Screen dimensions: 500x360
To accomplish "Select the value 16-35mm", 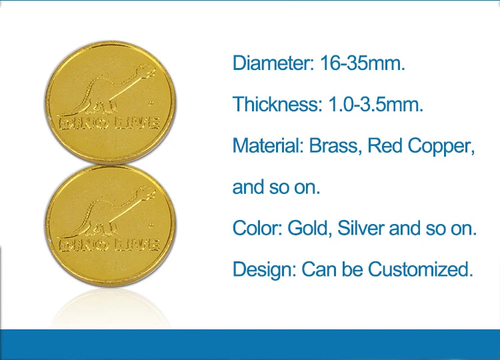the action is tap(363, 63).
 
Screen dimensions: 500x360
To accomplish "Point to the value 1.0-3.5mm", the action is tap(375, 104).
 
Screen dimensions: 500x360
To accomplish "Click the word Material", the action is tap(268, 145).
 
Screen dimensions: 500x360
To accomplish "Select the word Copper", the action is tap(441, 147).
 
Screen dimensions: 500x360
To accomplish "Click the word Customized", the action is tap(421, 269).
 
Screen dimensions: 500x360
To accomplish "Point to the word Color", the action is tap(257, 228).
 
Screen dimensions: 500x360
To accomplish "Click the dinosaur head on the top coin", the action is tap(147, 71).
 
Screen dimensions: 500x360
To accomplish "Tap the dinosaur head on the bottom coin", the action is tap(147, 193).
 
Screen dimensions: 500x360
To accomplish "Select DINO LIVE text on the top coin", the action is tap(109, 123).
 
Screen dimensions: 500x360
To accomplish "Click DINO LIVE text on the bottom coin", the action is tap(109, 245).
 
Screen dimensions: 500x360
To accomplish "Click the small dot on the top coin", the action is tap(151, 103).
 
